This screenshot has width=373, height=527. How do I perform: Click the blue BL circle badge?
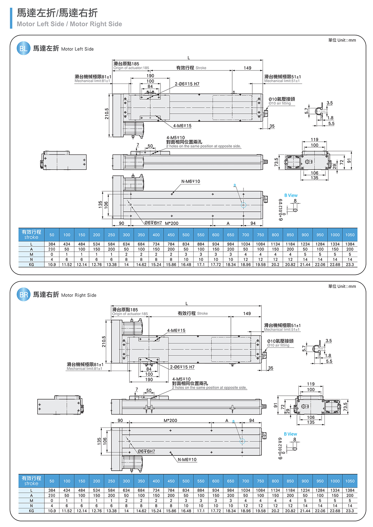(x=23, y=49)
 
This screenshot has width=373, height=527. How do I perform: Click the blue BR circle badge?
(x=23, y=295)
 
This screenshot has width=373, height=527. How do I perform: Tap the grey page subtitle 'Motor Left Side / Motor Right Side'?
(x=69, y=24)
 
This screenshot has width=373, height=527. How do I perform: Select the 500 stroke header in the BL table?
(x=186, y=235)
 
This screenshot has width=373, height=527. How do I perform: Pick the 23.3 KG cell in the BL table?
(x=350, y=264)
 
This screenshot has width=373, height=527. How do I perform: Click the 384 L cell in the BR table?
(x=52, y=490)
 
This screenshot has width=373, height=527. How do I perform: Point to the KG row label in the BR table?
(x=31, y=510)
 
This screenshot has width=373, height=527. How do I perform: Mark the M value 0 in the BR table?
(x=52, y=500)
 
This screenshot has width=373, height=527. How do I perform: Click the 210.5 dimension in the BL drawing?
(x=107, y=113)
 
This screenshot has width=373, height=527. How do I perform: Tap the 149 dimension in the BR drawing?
(x=247, y=313)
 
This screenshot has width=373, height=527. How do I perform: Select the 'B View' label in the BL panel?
(x=291, y=195)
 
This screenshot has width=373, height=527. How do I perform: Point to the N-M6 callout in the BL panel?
(x=190, y=182)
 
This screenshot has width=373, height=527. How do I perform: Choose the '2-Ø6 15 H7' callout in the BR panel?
(x=182, y=367)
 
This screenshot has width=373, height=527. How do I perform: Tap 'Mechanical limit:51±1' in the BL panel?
(x=282, y=81)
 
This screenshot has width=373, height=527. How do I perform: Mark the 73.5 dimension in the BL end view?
(x=276, y=162)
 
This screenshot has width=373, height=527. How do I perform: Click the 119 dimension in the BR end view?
(x=311, y=384)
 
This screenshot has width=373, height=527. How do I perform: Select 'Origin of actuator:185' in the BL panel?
(x=131, y=68)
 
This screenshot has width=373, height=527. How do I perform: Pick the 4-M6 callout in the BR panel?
(x=176, y=331)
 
